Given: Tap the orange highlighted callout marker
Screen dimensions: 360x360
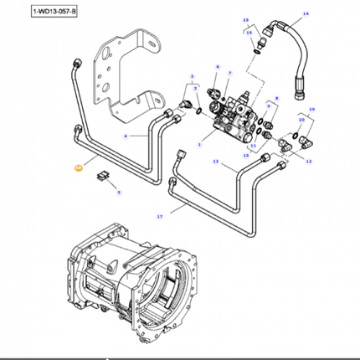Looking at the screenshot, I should coord(78,168).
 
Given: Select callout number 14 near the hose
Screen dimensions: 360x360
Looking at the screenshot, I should coord(306,14).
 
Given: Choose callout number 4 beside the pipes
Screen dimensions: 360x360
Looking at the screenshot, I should coord(126,136).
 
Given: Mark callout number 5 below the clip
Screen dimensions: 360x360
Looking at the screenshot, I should coord(119,193).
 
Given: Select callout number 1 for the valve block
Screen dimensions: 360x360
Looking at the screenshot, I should coord(199,145).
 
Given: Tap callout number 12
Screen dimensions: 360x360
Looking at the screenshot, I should coord(308,160).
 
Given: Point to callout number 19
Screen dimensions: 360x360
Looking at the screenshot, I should coord(312,110).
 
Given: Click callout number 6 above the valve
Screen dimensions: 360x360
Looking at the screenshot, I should coord(217,66).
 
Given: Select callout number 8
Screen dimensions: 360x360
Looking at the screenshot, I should coord(273,99).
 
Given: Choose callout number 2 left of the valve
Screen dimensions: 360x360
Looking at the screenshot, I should coord(191,75).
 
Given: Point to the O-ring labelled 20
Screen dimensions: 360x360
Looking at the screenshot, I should coord(296,134).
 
